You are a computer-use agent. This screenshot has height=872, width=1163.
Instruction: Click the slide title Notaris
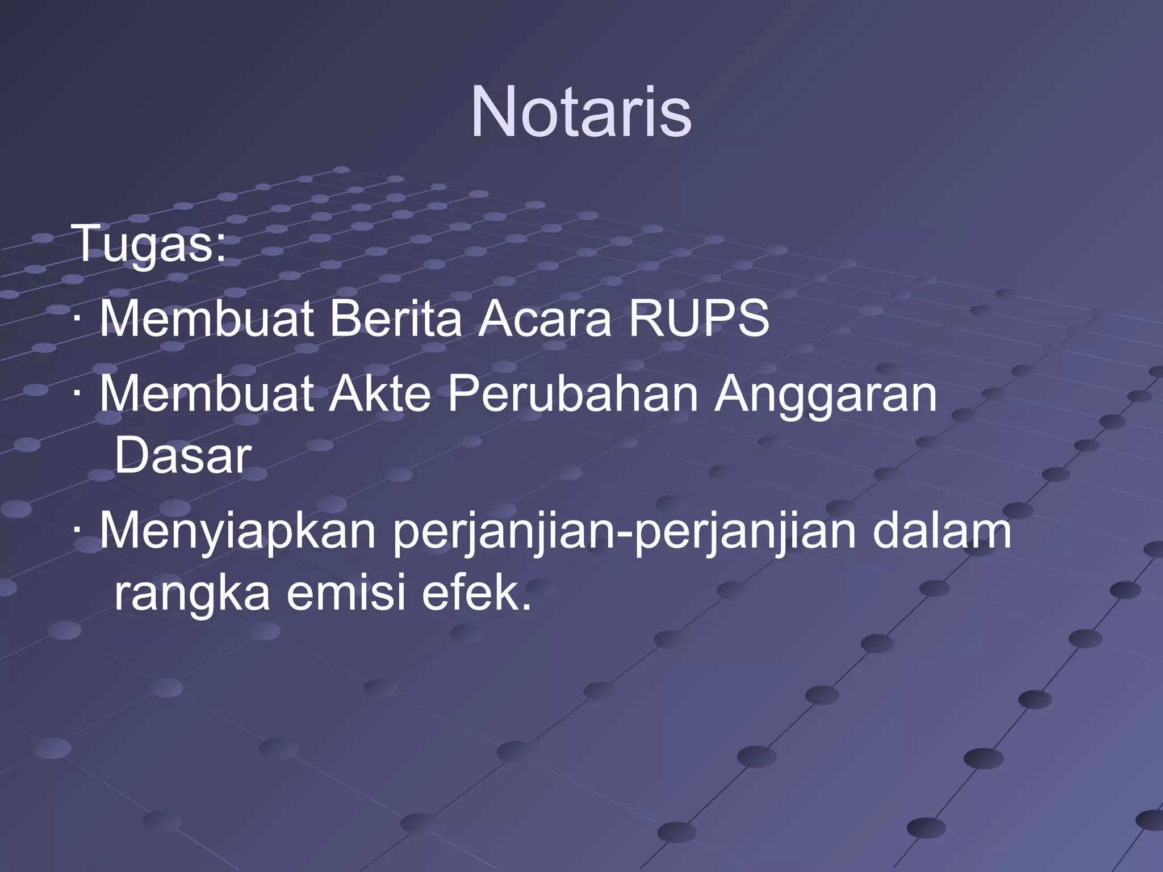coord(581,112)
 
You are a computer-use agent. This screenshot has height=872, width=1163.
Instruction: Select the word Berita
coord(396,319)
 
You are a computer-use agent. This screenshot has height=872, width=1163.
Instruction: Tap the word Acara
coord(545,319)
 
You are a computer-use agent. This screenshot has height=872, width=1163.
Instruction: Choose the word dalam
coord(942,531)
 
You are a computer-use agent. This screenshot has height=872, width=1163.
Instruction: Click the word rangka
coord(192,595)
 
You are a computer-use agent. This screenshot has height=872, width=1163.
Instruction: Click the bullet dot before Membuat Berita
coord(77,320)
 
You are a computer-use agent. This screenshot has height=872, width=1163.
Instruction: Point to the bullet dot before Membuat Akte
coord(77,395)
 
